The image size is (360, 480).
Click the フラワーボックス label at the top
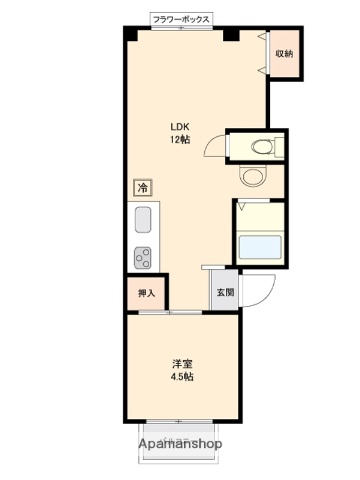pyautogui.click(x=181, y=19)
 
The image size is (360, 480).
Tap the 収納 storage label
pyautogui.click(x=284, y=53)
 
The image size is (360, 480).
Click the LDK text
pyautogui.click(x=180, y=126)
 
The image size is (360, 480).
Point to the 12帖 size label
pyautogui.click(x=180, y=140)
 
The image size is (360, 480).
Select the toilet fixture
pyautogui.click(x=259, y=147)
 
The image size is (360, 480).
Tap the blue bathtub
pyautogui.click(x=261, y=246)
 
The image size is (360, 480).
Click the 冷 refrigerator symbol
pyautogui.click(x=142, y=187)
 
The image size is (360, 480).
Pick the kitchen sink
pyautogui.click(x=142, y=221)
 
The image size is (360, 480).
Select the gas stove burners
pyautogui.click(x=142, y=257)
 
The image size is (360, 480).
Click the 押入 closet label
pyautogui.click(x=146, y=294)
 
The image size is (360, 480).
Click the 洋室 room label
pyautogui.click(x=180, y=363)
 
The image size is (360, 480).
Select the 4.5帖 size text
pyautogui.click(x=180, y=377)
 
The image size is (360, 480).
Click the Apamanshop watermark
pyautogui.click(x=180, y=443)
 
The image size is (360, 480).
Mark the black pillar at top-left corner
pyautogui.click(x=130, y=33)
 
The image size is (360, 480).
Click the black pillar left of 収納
pyautogui.click(x=231, y=34)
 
